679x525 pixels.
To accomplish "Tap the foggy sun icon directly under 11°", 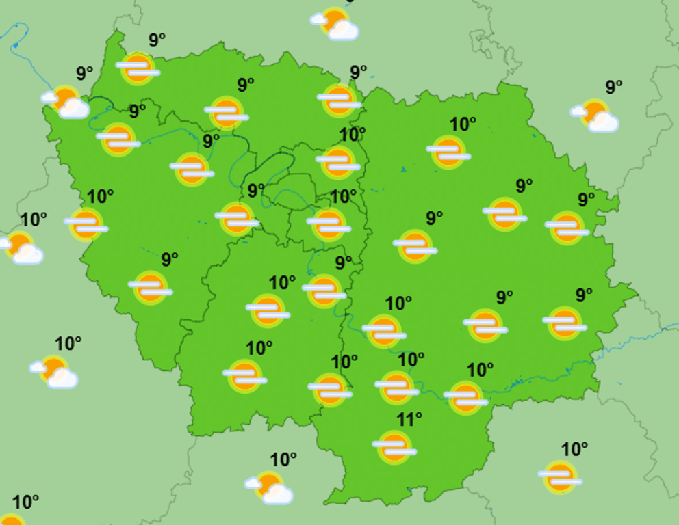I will click(x=394, y=446).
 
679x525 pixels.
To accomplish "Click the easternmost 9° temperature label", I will click(x=613, y=87).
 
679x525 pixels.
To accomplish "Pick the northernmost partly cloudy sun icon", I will click(x=335, y=23).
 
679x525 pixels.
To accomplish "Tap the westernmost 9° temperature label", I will click(x=84, y=73).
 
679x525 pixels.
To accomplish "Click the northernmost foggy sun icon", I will click(x=138, y=68).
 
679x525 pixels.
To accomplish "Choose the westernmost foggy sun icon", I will click(x=86, y=224).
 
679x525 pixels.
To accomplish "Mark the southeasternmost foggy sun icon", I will click(x=560, y=476).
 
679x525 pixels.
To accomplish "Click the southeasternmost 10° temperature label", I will click(x=574, y=449).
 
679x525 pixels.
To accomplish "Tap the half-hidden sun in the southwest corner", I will click(x=10, y=520).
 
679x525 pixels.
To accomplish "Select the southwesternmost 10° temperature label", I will click(x=25, y=502).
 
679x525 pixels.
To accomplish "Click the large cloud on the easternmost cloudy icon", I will click(x=603, y=122).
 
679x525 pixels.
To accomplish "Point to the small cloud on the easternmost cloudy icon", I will click(x=578, y=110).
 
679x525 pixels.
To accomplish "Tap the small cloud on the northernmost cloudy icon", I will click(x=319, y=19).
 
